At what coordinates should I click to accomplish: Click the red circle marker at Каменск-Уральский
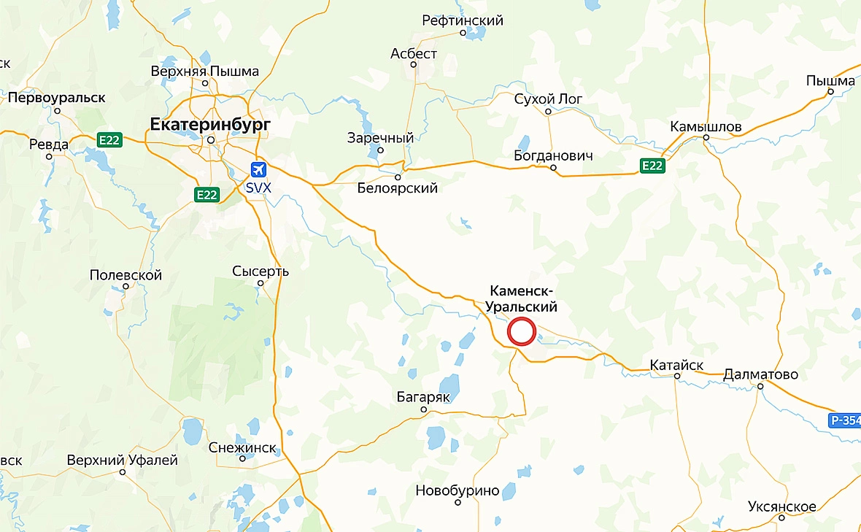[522, 331]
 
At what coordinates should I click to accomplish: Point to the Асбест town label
[414, 54]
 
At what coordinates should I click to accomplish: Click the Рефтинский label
[463, 20]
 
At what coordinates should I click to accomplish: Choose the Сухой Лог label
[547, 99]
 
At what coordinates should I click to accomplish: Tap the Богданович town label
[552, 156]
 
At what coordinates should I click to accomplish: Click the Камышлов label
[706, 127]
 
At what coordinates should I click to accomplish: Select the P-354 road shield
[845, 420]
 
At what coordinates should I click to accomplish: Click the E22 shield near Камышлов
[652, 166]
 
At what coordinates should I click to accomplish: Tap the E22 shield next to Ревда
[109, 140]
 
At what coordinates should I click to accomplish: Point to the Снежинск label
[242, 447]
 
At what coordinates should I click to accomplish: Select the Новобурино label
[457, 490]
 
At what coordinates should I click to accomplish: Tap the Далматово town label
[760, 375]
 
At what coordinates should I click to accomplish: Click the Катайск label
[676, 366]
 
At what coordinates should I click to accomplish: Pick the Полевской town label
[126, 275]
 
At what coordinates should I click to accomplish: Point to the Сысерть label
[260, 271]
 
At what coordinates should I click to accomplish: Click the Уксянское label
[781, 506]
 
